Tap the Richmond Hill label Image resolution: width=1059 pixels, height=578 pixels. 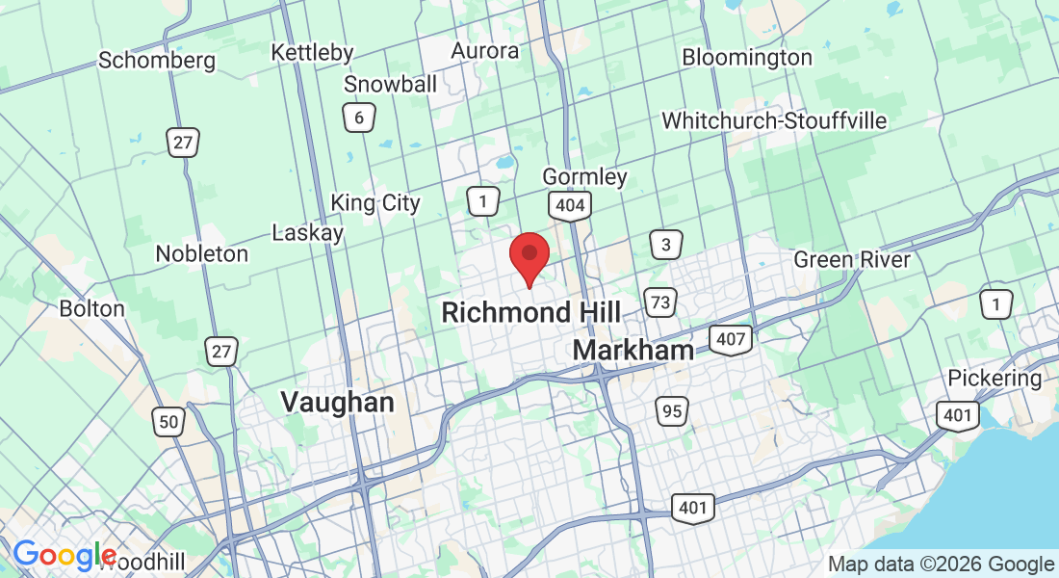pyautogui.click(x=530, y=312)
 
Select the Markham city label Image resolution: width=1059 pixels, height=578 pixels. pyautogui.click(x=633, y=350)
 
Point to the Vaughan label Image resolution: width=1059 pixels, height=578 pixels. pyautogui.click(x=337, y=402)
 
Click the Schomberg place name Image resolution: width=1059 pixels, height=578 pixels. pyautogui.click(x=157, y=61)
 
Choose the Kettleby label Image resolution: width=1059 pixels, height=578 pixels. pyautogui.click(x=312, y=52)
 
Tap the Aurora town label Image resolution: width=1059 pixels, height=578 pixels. pyautogui.click(x=485, y=50)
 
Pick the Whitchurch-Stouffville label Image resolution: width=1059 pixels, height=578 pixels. pyautogui.click(x=774, y=121)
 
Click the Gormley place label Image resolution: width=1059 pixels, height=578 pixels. pyautogui.click(x=584, y=177)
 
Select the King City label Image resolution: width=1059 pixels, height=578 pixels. pyautogui.click(x=375, y=203)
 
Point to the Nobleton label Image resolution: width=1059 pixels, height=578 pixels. pyautogui.click(x=202, y=254)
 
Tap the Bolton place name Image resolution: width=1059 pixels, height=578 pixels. pyautogui.click(x=92, y=309)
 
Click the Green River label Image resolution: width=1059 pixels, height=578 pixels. pyautogui.click(x=851, y=260)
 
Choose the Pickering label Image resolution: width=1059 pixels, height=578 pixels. pyautogui.click(x=994, y=379)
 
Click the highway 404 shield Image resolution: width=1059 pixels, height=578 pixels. pyautogui.click(x=570, y=205)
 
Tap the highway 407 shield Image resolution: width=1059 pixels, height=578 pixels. pyautogui.click(x=730, y=338)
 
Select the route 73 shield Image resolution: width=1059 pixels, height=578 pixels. pyautogui.click(x=660, y=302)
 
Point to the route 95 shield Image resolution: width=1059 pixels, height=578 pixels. pyautogui.click(x=673, y=411)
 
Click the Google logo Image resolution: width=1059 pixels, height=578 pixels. pyautogui.click(x=64, y=556)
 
